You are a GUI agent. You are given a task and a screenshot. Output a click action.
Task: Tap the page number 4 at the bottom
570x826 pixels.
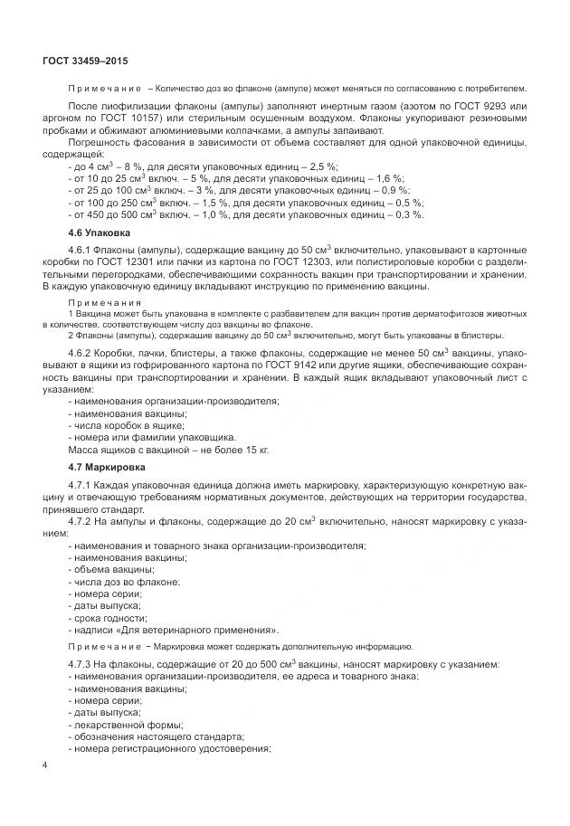click(44, 766)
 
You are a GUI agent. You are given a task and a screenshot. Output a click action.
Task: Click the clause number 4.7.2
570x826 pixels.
click(82, 521)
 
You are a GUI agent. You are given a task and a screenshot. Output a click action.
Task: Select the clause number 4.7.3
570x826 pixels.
click(82, 665)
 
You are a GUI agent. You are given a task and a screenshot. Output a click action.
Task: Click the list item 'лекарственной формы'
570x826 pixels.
click(126, 724)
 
